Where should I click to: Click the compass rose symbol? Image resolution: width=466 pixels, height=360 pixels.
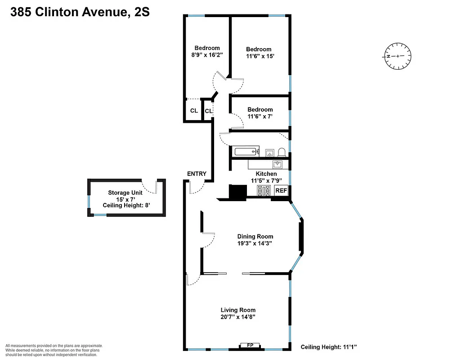tap(397, 56)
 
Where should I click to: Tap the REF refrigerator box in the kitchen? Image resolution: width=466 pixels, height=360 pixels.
tap(281, 191)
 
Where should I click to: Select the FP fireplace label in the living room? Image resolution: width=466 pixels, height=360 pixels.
tap(251, 345)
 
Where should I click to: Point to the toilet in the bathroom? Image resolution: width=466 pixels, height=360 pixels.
tap(282, 152)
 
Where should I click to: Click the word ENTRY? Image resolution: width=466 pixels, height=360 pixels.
tap(197, 174)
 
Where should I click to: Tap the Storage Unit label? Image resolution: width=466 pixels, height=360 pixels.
tap(125, 193)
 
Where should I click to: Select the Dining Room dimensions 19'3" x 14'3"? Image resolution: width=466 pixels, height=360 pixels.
tap(255, 243)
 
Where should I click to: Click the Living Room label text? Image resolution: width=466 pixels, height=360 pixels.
tap(238, 310)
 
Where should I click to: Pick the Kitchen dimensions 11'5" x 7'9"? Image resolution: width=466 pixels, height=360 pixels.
tap(266, 181)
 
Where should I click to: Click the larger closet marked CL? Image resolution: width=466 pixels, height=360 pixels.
tap(194, 111)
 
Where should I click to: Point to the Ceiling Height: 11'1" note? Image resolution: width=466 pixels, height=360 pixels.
tap(329, 347)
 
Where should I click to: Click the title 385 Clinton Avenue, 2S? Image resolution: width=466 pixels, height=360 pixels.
tap(80, 13)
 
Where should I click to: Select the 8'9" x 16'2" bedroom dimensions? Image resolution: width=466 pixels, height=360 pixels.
tap(207, 55)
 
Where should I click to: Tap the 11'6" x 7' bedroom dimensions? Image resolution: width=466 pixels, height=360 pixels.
tap(260, 117)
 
